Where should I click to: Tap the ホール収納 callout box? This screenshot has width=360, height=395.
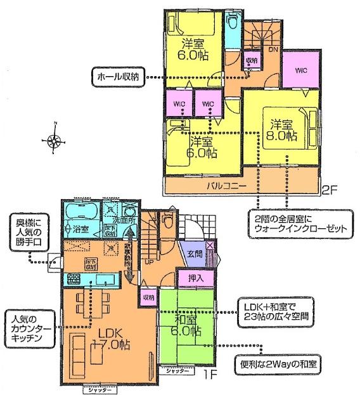pyautogui.click(x=119, y=77)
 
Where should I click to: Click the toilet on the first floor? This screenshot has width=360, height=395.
pyautogui.click(x=168, y=221)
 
